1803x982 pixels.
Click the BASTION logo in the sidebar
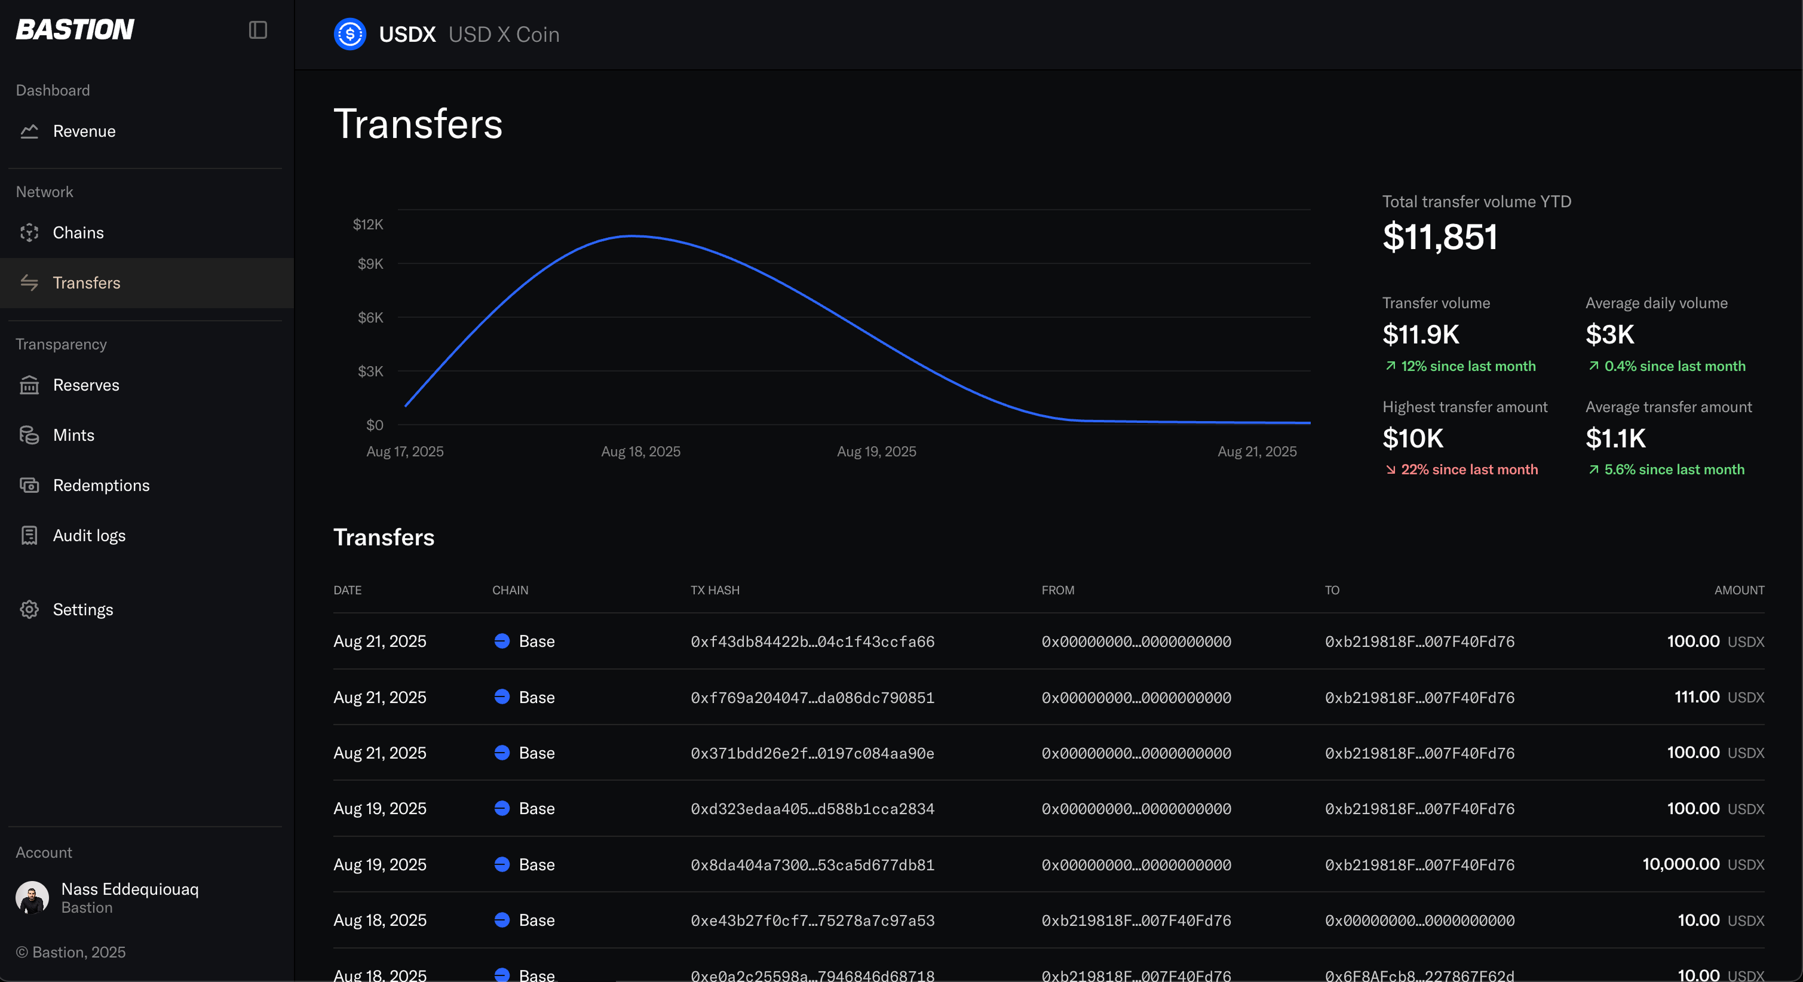click(75, 29)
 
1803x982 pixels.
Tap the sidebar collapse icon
click(257, 30)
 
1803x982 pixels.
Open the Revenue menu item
click(84, 131)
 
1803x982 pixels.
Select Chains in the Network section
click(78, 232)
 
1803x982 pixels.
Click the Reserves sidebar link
click(86, 385)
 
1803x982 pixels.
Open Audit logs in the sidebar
click(90, 535)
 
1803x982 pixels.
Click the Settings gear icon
click(29, 610)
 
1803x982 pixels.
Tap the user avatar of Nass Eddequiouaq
click(32, 897)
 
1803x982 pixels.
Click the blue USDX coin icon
click(350, 34)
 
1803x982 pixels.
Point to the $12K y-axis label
click(368, 224)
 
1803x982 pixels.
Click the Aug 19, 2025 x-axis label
click(876, 452)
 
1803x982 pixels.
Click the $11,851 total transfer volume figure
click(1440, 237)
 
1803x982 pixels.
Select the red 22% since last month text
click(1469, 469)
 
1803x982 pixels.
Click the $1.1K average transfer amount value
click(1615, 438)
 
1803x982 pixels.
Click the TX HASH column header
click(715, 590)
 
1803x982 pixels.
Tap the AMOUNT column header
click(1739, 590)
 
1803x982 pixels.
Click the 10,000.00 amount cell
click(1681, 864)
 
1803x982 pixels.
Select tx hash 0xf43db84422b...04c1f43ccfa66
click(812, 642)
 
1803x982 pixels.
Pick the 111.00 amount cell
click(1697, 697)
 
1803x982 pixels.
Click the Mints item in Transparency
click(73, 435)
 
